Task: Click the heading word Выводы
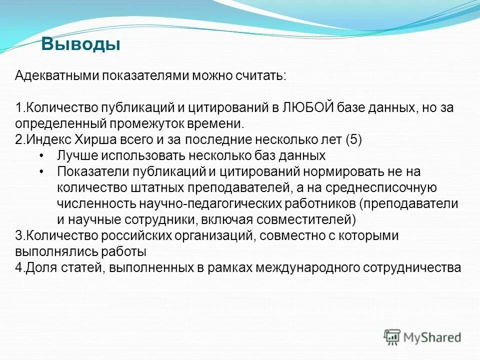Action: tap(80, 44)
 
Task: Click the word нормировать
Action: tap(343, 171)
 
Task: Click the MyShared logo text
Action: tap(432, 337)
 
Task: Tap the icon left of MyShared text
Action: tap(392, 337)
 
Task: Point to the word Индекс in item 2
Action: tap(42, 139)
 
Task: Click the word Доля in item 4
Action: tap(38, 267)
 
